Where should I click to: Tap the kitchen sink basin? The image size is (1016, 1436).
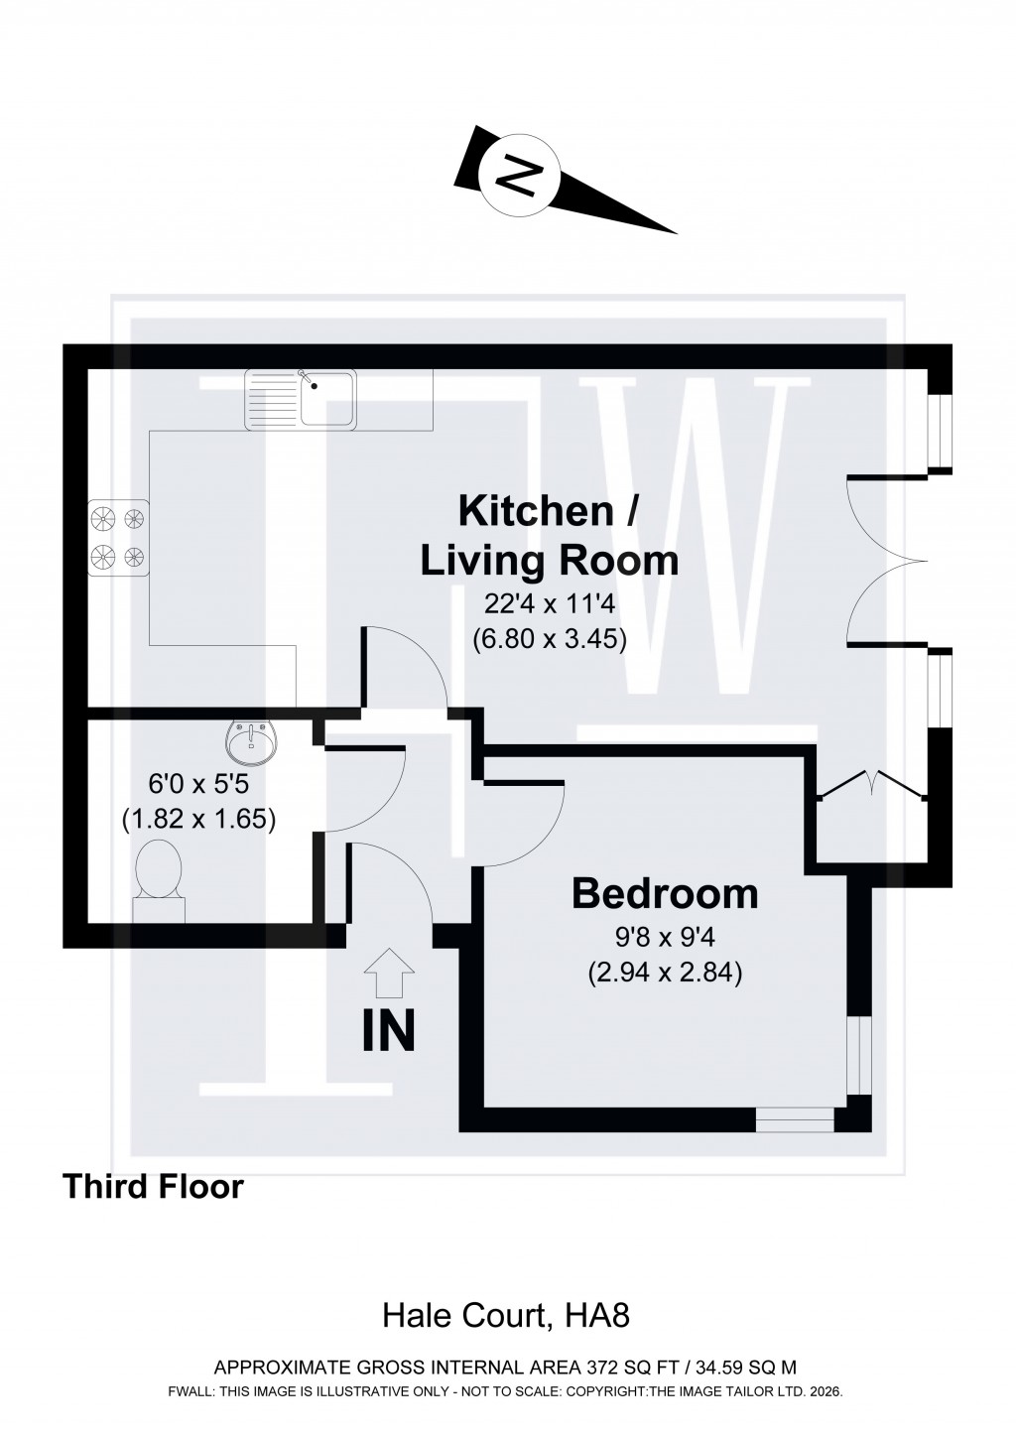328,399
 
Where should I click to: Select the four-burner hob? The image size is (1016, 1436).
118,537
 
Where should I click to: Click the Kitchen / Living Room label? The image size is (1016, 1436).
549,536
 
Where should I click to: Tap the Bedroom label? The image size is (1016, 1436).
665,894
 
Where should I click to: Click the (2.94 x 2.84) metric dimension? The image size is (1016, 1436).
665,973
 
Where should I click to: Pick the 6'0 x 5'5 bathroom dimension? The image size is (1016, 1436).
197,784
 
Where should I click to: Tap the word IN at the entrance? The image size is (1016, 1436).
388,1031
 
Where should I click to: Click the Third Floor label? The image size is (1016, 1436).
153,1186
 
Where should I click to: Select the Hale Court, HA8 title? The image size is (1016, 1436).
507,1317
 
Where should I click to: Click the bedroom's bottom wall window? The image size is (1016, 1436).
795,1120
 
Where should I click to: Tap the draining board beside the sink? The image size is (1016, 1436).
272,399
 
